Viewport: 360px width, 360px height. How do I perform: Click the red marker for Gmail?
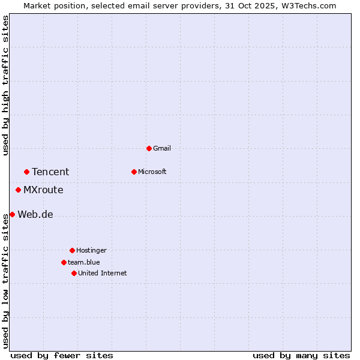tap(149, 148)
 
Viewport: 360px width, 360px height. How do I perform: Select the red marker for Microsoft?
tap(134, 172)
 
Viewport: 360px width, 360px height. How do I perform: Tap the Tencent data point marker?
tap(26, 172)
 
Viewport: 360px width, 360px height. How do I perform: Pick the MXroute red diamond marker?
tap(18, 190)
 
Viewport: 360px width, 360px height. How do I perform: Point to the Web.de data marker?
tap(12, 214)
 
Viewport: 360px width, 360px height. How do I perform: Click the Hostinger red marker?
tap(72, 250)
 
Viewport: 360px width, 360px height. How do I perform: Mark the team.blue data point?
tap(64, 262)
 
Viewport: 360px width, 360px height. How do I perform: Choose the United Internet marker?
tap(74, 273)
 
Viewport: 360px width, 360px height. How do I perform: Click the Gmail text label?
tap(162, 148)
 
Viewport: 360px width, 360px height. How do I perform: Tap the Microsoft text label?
tap(152, 172)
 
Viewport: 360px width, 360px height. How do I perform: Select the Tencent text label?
tap(50, 172)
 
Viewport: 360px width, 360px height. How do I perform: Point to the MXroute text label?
tap(43, 190)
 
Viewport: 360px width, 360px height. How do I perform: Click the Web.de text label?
tap(35, 214)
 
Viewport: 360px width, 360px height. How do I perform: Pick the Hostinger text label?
tap(91, 250)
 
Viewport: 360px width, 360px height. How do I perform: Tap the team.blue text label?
tap(84, 262)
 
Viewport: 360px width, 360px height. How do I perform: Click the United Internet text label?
tap(103, 273)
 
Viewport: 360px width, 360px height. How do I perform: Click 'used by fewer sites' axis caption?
tap(62, 355)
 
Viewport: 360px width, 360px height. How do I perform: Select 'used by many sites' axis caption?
tap(301, 355)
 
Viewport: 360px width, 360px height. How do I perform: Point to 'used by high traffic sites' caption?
tap(5, 85)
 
